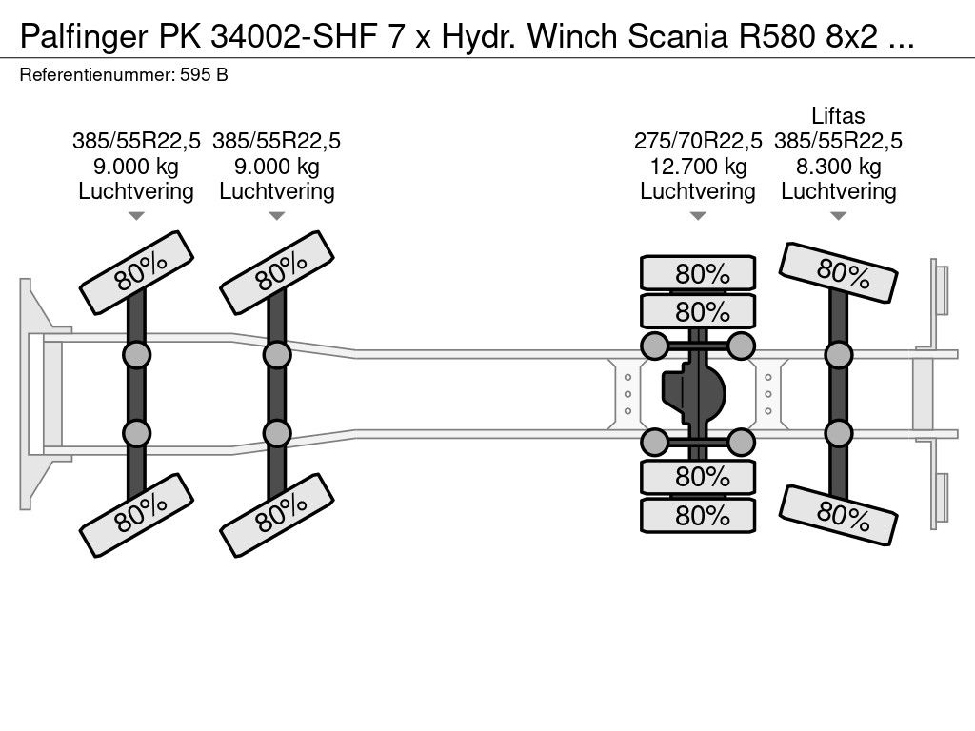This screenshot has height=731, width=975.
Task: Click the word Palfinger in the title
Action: tap(84, 37)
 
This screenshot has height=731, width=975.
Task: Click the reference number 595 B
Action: tap(204, 75)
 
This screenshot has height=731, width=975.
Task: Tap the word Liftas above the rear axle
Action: tap(838, 116)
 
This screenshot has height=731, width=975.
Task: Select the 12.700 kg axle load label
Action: tap(698, 167)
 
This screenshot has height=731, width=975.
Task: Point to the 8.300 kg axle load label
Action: tap(838, 167)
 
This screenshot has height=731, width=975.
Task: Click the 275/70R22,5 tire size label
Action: tap(698, 142)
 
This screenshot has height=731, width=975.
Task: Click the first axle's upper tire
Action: tap(137, 272)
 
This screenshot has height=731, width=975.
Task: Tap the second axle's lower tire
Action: tap(277, 515)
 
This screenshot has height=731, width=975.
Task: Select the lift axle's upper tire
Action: tap(838, 272)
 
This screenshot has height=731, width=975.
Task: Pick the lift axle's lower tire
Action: tap(838, 515)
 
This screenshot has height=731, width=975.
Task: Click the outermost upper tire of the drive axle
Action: tap(698, 273)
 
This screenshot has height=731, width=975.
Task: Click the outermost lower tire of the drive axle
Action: tap(698, 515)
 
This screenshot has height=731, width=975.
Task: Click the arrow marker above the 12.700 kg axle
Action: tap(698, 216)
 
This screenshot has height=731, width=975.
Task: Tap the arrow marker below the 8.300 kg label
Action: tap(838, 216)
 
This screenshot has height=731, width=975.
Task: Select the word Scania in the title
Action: tap(678, 37)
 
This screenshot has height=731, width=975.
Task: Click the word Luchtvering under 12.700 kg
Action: tap(698, 191)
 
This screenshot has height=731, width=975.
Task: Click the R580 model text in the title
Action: tap(777, 37)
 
